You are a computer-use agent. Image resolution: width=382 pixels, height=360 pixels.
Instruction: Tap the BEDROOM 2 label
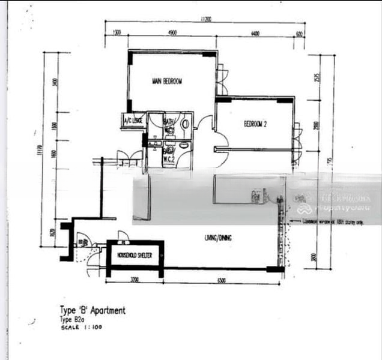pyautogui.click(x=255, y=124)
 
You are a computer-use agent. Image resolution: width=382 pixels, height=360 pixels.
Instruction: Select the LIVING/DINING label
pyautogui.click(x=217, y=238)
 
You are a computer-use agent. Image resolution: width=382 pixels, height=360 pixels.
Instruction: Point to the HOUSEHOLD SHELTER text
pyautogui.click(x=135, y=256)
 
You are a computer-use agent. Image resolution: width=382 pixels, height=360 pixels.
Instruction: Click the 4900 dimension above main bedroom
pyautogui.click(x=172, y=33)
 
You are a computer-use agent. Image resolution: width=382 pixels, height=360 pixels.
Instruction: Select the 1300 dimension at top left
pyautogui.click(x=117, y=33)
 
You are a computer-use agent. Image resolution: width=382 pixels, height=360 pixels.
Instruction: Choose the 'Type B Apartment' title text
pyautogui.click(x=92, y=310)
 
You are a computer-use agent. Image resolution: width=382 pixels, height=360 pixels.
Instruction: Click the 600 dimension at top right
pyautogui.click(x=299, y=33)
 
